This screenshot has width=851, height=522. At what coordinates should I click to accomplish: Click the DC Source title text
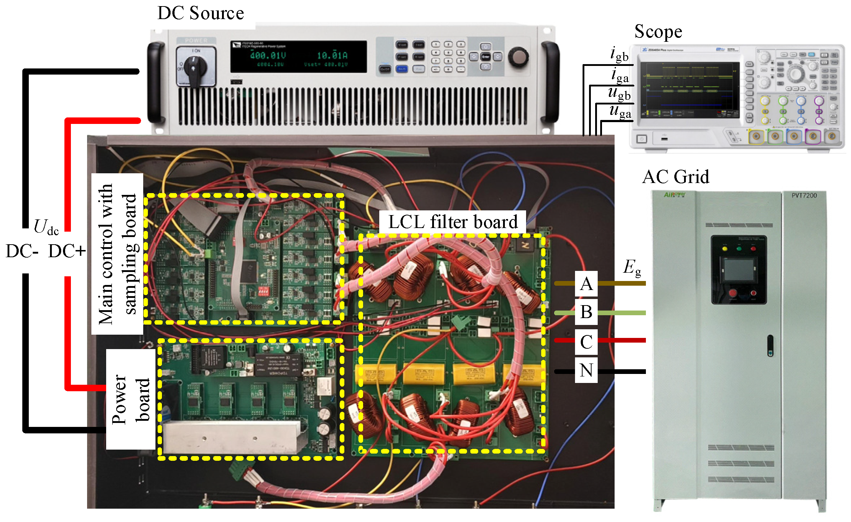200,13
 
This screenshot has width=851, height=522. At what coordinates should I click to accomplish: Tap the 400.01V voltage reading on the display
268,55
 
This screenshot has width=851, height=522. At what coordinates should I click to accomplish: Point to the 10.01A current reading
332,55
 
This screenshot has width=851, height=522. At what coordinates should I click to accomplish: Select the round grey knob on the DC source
518,57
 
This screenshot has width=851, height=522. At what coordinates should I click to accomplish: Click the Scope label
658,32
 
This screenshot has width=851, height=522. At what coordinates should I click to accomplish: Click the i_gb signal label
619,54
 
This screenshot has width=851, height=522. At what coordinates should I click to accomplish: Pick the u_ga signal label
620,111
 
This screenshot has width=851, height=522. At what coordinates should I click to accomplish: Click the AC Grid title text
675,177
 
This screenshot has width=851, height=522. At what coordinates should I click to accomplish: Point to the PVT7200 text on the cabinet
804,196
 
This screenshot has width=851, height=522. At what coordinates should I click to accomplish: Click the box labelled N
586,370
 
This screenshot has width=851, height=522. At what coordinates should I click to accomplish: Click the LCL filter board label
453,222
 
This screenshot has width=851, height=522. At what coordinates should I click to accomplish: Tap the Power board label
130,399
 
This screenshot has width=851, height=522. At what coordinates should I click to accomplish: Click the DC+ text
67,251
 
